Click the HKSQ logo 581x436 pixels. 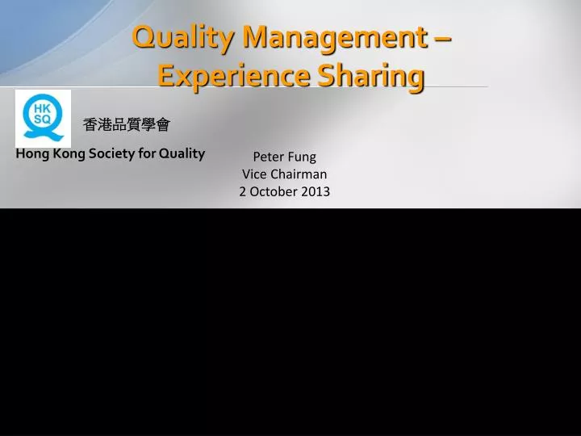coord(43,119)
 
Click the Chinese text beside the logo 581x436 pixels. coord(127,124)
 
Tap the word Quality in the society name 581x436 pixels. coord(182,153)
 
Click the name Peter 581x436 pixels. coord(268,157)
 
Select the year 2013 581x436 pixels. coord(316,191)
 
